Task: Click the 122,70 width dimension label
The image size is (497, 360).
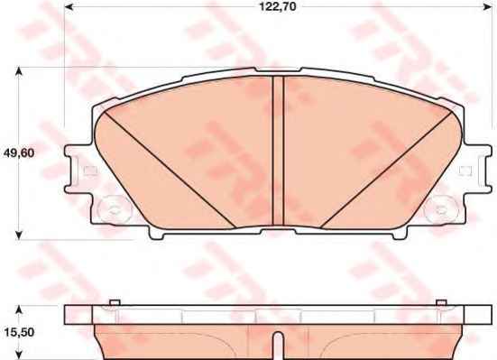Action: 278,6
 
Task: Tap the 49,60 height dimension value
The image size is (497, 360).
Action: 18,153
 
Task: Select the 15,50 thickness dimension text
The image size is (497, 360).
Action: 19,332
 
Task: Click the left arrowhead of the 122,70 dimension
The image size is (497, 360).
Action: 69,6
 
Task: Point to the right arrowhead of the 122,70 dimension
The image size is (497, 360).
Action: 486,6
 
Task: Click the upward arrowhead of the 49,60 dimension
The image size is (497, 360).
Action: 19,71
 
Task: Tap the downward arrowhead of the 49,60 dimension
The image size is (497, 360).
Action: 19,235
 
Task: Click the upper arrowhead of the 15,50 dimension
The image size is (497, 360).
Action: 19,310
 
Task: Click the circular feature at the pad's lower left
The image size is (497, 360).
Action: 115,209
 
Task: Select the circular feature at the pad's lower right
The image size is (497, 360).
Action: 442,209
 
